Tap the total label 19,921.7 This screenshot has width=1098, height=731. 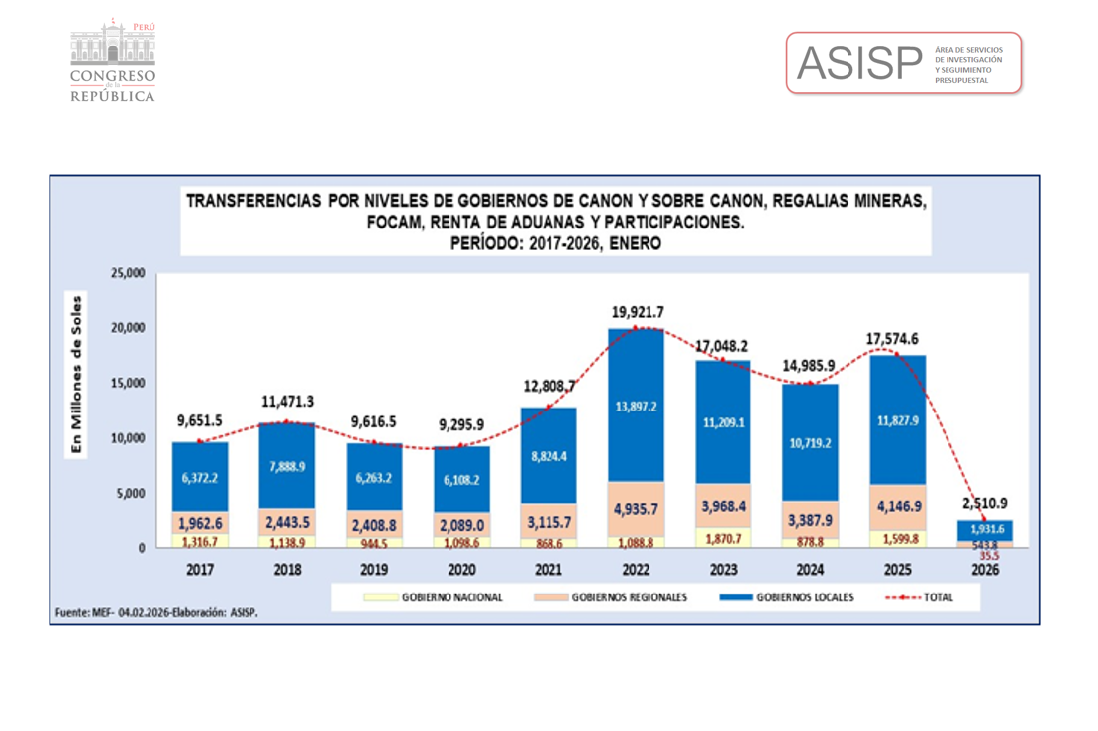[x=637, y=312]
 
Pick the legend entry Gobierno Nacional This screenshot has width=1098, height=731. [x=451, y=597]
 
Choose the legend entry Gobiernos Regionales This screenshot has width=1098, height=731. [x=629, y=597]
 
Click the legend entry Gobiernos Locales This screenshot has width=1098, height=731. [x=805, y=597]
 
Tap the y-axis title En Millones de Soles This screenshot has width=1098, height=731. [x=76, y=374]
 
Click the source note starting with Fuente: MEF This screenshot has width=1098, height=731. [x=155, y=613]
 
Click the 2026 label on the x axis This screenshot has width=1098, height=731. [x=985, y=570]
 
